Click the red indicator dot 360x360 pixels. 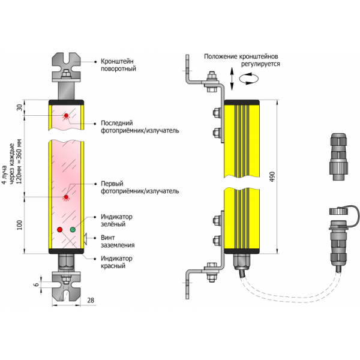(59, 230)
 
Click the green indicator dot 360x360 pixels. (73, 230)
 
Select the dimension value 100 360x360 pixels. (20, 224)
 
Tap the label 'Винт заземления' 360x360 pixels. (118, 242)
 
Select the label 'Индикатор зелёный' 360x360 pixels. (117, 220)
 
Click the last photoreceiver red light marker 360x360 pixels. (65, 115)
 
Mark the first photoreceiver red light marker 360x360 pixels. (65, 196)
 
